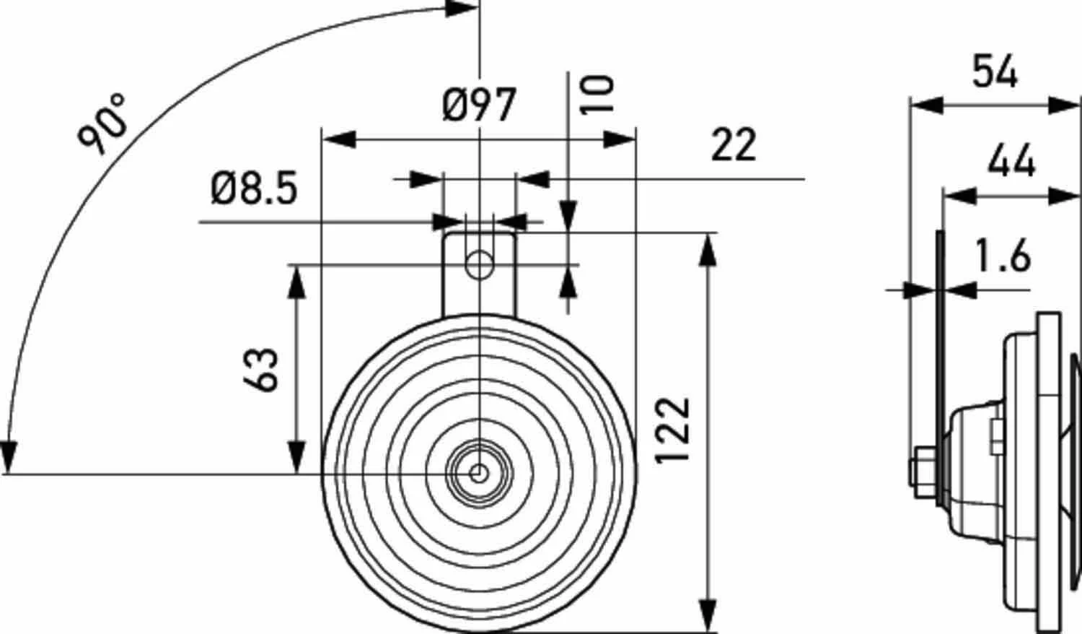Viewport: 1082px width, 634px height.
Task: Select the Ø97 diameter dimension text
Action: pos(479,105)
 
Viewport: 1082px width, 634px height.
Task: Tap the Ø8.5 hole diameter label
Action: pos(254,189)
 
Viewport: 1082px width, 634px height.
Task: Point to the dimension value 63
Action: pos(264,370)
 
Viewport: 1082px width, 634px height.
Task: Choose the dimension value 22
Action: pos(734,145)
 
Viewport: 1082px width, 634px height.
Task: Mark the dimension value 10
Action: pos(598,95)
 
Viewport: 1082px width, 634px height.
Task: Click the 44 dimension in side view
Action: pos(1011,161)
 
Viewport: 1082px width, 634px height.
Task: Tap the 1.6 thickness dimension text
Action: pos(1003,257)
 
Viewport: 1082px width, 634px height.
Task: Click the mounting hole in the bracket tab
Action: pos(478,265)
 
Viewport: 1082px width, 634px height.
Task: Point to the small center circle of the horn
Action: pos(478,474)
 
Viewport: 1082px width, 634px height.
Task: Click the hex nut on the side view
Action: pos(923,473)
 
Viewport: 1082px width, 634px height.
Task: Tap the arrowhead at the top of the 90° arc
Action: pos(462,9)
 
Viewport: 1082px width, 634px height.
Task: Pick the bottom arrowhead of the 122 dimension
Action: pos(709,613)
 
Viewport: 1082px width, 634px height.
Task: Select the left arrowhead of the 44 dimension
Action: pos(960,195)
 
